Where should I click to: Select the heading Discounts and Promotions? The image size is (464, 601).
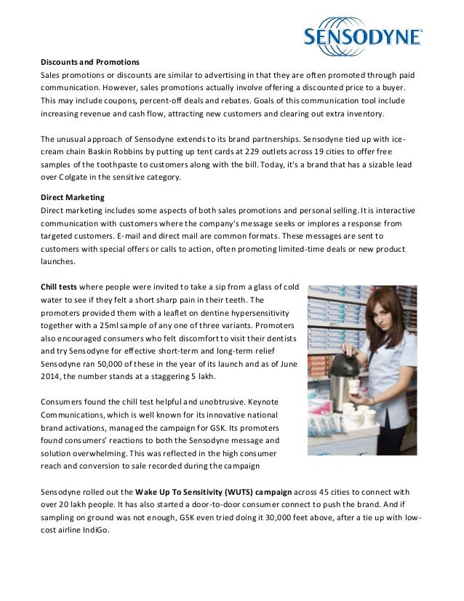[89, 61]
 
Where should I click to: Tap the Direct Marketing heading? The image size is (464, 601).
[72, 197]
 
